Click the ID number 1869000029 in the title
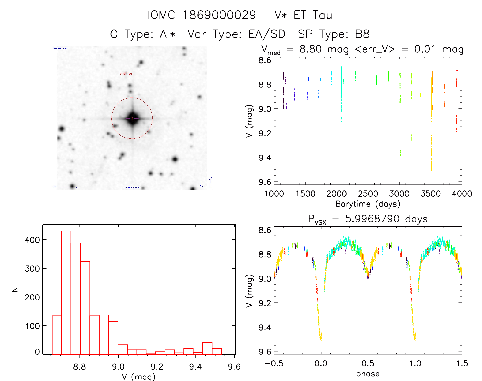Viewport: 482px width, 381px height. (219, 15)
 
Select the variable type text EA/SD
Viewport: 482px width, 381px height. (267, 34)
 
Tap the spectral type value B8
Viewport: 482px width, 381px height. (362, 34)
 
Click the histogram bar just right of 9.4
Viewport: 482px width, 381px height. (207, 348)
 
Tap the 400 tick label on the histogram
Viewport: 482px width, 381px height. (32, 240)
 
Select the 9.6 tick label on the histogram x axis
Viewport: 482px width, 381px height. (234, 367)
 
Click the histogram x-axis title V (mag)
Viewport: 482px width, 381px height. (139, 377)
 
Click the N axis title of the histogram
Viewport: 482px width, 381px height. (15, 289)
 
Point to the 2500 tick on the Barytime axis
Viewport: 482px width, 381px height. (368, 194)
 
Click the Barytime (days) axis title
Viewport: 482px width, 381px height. (368, 204)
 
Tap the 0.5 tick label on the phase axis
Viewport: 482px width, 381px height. (368, 363)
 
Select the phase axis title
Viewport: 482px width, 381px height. (368, 374)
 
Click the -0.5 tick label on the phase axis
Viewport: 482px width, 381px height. (274, 363)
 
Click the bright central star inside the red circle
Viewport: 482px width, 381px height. (132, 118)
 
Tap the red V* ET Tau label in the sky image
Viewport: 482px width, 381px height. (126, 74)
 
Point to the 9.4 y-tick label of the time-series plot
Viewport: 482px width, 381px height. (265, 158)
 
